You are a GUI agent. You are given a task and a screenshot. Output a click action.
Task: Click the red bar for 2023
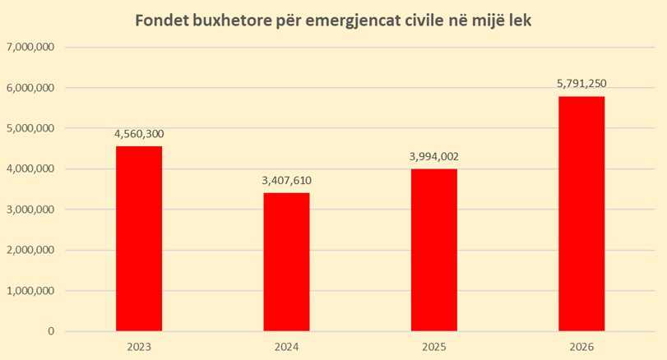tap(138, 238)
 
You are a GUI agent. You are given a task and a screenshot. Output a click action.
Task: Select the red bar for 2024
tap(286, 261)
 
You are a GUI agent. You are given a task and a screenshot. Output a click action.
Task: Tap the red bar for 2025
tap(433, 250)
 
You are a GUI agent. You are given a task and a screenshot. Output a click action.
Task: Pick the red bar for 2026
tap(581, 214)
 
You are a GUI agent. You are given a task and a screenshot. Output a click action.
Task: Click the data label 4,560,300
tap(138, 134)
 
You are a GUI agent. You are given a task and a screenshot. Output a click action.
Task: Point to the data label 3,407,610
tap(286, 181)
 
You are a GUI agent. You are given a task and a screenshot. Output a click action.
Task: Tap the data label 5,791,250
tap(581, 84)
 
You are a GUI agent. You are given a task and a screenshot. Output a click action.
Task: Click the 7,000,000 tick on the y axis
tap(30, 48)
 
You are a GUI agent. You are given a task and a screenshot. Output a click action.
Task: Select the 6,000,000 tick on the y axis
tap(30, 88)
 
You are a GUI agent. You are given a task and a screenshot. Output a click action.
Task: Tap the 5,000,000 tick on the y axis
tap(30, 128)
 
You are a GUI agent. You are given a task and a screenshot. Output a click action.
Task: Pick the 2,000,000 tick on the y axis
tap(30, 251)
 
